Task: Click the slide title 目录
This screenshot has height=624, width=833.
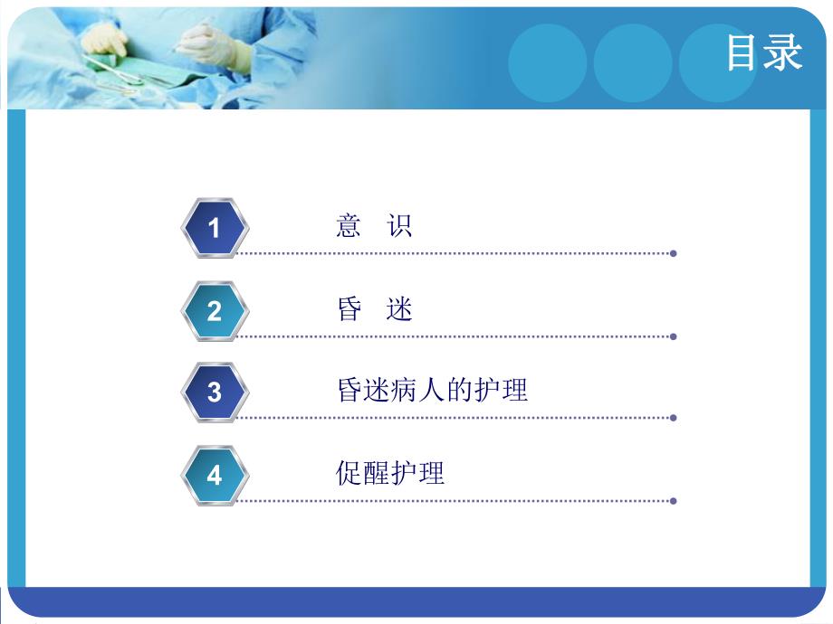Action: pos(764,52)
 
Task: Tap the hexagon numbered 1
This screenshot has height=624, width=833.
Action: pos(215,227)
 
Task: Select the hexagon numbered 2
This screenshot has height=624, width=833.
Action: pos(215,310)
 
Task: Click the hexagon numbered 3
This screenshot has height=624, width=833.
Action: pos(215,392)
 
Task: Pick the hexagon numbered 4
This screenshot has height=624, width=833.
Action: pos(215,475)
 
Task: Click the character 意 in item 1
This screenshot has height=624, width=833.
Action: pos(349,225)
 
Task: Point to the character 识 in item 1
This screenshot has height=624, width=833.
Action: pos(400,225)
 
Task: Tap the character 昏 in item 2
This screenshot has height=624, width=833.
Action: pos(349,309)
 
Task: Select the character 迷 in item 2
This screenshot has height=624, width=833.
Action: pos(400,309)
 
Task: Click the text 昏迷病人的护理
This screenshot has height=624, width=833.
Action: pos(431,391)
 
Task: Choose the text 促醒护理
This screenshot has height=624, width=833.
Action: pos(390,473)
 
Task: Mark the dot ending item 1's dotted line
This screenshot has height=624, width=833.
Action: pos(673,253)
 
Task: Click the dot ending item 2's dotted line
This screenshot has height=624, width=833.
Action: pos(673,336)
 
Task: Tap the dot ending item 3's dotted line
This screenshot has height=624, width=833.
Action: pos(673,418)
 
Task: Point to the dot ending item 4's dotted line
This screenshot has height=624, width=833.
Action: pos(673,500)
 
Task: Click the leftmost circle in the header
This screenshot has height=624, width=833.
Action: pos(547,62)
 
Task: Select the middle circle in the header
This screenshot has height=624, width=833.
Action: pos(633,62)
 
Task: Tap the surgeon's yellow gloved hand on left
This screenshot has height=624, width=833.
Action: pos(106,40)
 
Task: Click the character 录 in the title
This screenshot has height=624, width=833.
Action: pos(784,52)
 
